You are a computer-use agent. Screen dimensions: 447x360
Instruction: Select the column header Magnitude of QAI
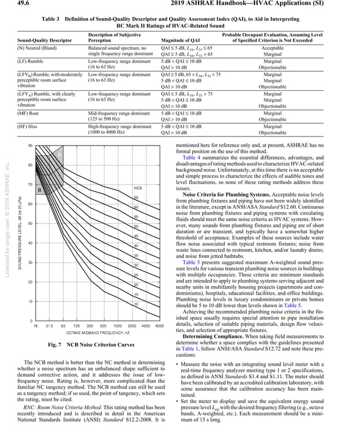[181, 41]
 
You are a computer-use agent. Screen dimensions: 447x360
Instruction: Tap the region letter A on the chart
[59, 155]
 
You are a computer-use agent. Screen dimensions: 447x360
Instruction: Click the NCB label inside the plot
[137, 188]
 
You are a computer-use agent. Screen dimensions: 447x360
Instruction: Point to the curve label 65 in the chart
[136, 198]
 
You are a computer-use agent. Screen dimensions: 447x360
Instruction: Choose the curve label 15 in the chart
[136, 295]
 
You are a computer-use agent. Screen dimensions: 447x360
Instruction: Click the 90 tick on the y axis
[29, 146]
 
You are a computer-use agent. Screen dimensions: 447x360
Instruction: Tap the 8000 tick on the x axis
[159, 326]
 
